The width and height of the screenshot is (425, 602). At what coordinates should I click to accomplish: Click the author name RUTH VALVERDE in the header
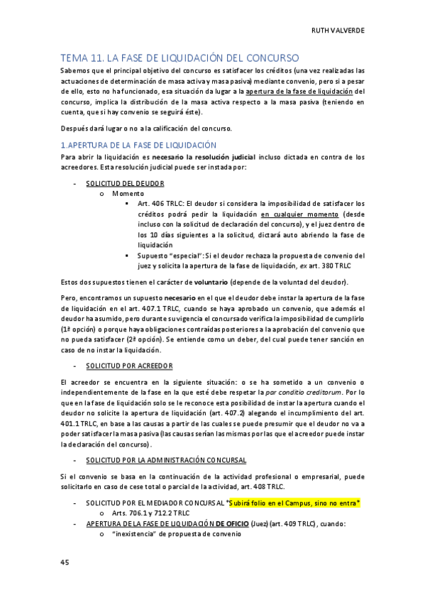click(x=338, y=31)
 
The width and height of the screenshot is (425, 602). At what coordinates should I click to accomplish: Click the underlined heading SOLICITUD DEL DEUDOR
click(x=124, y=182)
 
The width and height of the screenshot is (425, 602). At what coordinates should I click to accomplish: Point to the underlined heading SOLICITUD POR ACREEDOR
click(x=129, y=365)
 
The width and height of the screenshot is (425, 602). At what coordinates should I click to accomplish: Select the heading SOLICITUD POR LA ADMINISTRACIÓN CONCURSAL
click(x=166, y=460)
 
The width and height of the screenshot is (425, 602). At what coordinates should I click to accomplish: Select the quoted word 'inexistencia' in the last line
click(x=136, y=534)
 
